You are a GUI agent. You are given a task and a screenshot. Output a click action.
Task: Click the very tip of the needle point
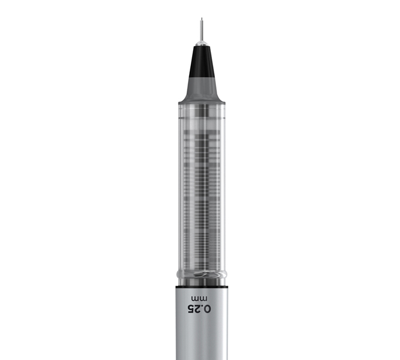(202, 18)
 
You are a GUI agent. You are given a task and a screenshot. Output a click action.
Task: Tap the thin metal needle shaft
(202, 29)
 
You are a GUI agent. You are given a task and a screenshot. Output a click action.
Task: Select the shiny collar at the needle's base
(202, 43)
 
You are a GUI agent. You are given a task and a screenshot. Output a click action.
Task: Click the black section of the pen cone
(202, 62)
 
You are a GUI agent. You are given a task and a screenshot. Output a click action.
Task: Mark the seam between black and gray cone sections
(202, 77)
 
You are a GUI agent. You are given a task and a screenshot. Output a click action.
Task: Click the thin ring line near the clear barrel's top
(202, 118)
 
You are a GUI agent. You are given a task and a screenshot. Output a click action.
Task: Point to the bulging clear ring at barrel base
(202, 274)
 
